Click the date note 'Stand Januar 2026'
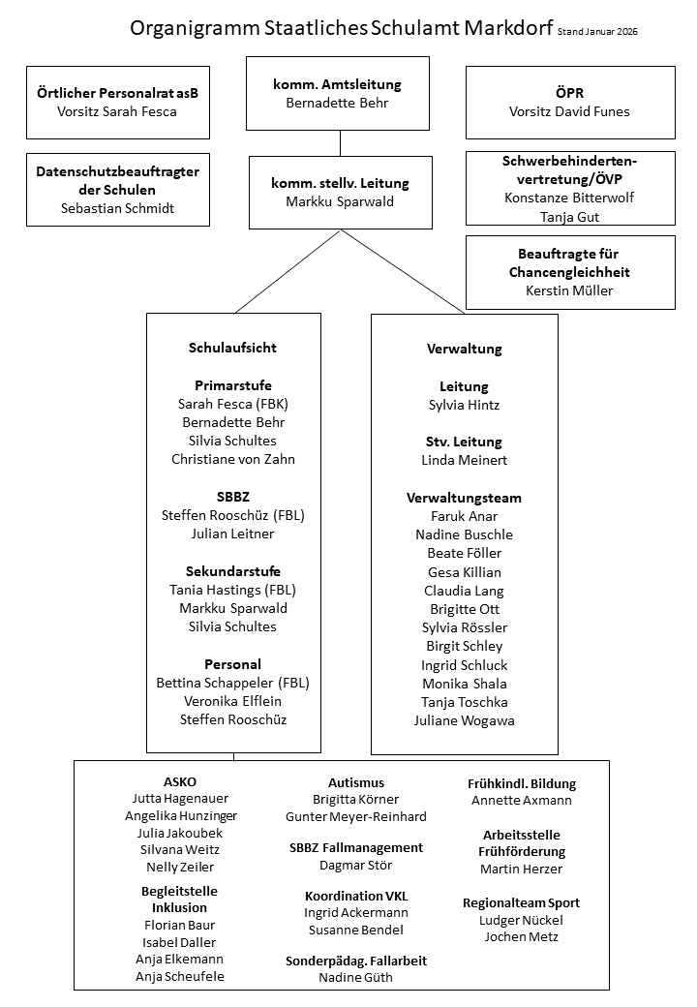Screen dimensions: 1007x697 (597, 32)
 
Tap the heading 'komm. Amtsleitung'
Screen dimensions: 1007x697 (337, 84)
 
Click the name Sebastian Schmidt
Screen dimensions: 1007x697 (117, 207)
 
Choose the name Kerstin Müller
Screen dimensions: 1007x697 (569, 290)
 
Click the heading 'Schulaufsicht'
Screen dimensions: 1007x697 (233, 348)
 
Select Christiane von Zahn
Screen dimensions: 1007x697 (233, 459)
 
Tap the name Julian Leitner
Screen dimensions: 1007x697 (233, 534)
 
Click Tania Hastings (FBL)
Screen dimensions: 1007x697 (233, 590)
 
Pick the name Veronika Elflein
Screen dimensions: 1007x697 (233, 701)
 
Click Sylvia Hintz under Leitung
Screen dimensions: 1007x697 (464, 405)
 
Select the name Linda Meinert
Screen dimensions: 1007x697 (464, 460)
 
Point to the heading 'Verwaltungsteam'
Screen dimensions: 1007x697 (464, 498)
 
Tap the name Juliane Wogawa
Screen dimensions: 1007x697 (464, 720)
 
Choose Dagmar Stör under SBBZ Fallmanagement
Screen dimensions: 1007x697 (356, 866)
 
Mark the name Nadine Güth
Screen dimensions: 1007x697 (356, 978)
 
